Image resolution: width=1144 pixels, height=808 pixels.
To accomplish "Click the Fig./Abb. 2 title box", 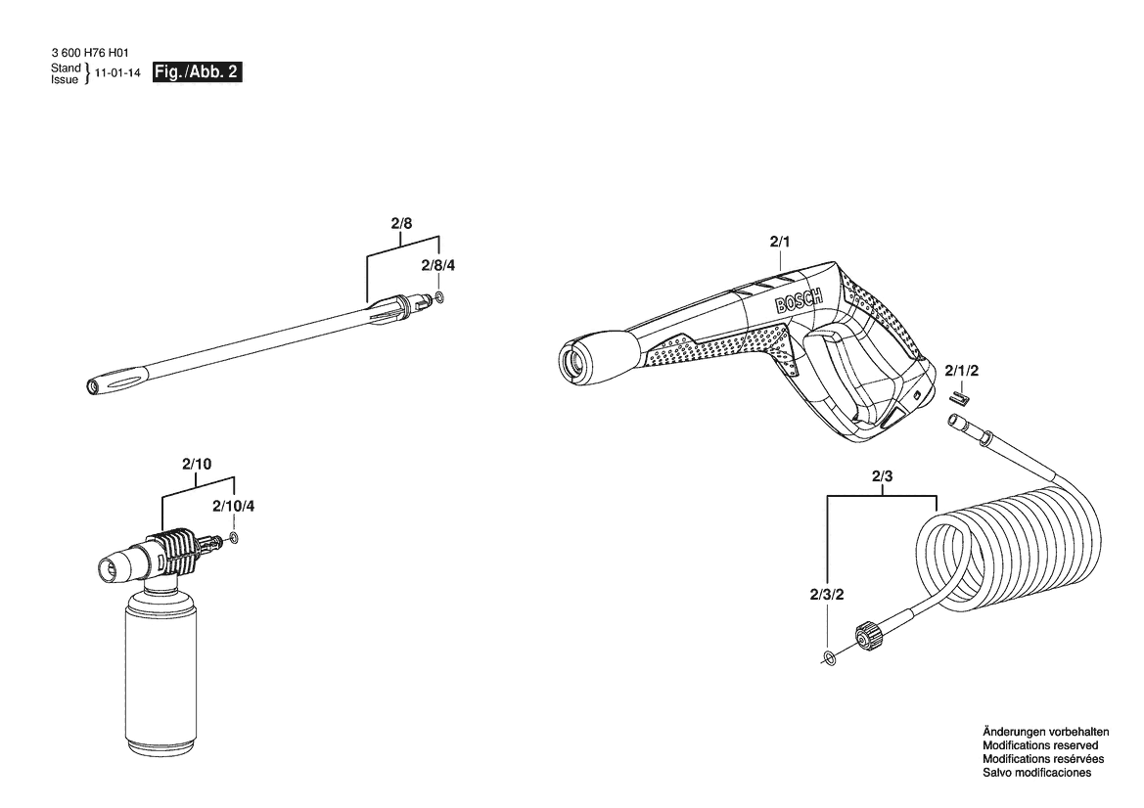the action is (197, 72).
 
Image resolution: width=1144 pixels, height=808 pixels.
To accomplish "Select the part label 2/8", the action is (401, 223).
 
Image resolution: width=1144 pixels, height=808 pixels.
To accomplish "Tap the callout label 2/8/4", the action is (437, 265).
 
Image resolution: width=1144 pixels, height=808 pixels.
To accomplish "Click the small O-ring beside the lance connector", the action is (439, 296).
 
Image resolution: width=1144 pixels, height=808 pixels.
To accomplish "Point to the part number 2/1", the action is (780, 242).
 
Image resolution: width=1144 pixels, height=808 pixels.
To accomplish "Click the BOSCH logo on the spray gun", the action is (799, 299).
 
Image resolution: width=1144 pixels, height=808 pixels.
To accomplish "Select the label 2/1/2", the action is (962, 371).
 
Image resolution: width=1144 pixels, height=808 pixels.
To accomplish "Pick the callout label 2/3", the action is (882, 477).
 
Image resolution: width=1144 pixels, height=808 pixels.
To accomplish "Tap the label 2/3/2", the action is (827, 595).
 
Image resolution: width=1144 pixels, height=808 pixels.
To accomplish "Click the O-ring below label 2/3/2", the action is (829, 658).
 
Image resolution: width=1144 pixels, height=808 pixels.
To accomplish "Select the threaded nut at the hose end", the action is (865, 635).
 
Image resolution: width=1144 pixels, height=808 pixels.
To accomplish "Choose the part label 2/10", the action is (197, 464).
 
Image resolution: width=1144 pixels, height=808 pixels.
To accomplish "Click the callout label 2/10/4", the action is (234, 506).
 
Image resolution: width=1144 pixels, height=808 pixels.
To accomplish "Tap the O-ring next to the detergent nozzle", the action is (234, 539).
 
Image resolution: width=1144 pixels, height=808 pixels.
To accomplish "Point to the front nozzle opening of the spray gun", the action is (572, 360).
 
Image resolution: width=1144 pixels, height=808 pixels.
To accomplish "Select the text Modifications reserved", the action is (1040, 745).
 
